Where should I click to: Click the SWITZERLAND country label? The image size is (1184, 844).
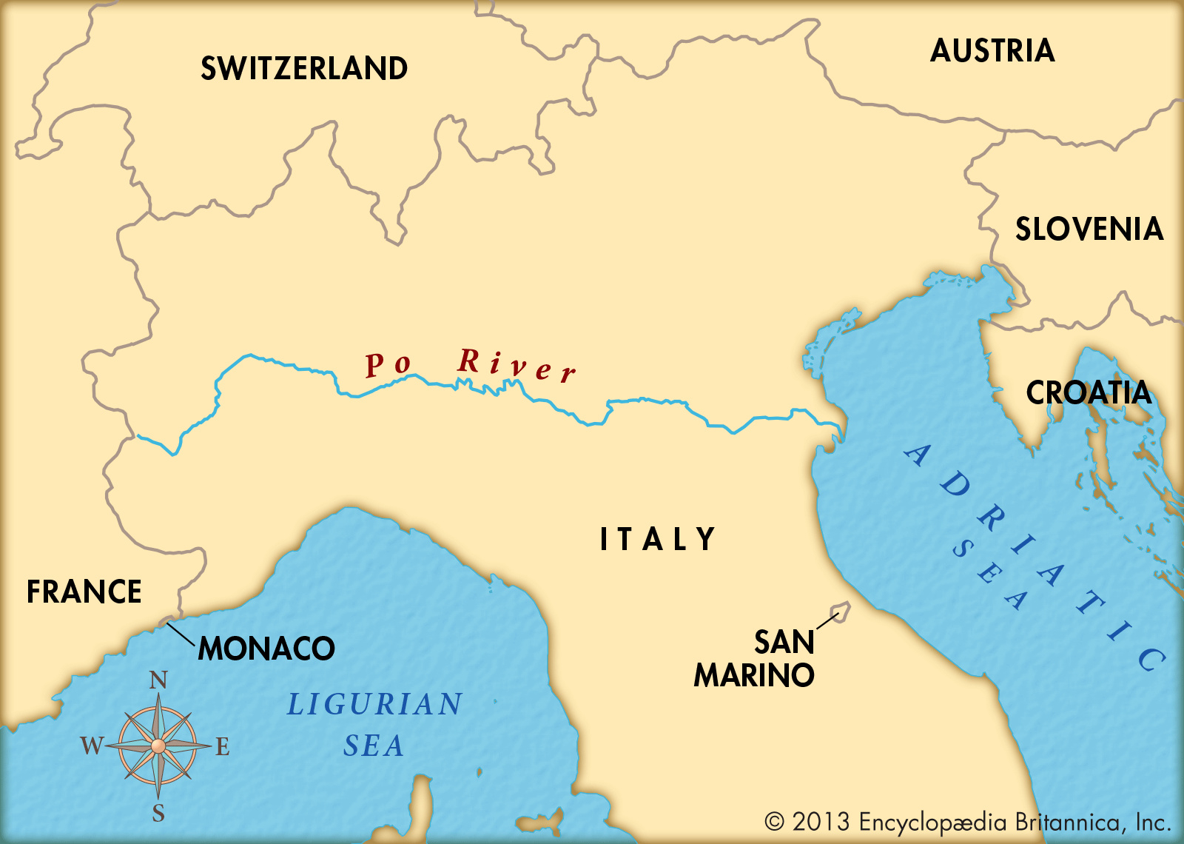point(304,69)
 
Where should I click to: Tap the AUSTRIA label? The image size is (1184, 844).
point(992,51)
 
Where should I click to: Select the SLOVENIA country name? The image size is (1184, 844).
point(1089,230)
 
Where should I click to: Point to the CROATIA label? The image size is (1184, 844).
point(1089,393)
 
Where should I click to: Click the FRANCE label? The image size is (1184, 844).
point(84,592)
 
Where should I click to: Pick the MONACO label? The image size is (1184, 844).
point(266,649)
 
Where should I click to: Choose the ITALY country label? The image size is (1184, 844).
point(657,539)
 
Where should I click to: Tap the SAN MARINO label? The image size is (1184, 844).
point(755,659)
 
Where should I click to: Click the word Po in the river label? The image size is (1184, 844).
point(388,364)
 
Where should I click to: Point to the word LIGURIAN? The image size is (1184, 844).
point(374,705)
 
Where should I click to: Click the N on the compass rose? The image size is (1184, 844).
point(158,680)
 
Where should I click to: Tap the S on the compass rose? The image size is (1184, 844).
point(158,814)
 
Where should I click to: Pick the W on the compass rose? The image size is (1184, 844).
point(92,746)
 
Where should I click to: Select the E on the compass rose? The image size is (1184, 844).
point(223,747)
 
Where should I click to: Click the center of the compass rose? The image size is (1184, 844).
point(158,746)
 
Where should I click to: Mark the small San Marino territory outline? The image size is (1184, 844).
point(841,612)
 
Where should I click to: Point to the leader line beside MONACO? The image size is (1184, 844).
point(181,634)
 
